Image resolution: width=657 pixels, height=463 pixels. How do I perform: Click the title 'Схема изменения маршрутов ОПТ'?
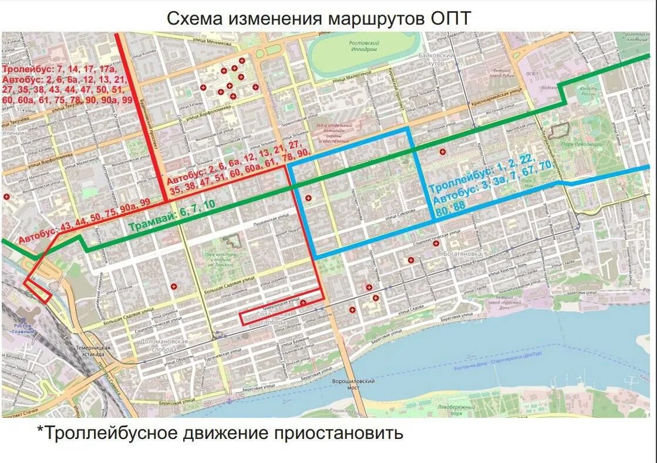[x=319, y=18]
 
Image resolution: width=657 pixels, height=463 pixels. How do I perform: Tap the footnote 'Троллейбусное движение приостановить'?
[x=220, y=433]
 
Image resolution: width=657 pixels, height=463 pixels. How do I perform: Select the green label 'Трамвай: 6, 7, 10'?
[x=171, y=215]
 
